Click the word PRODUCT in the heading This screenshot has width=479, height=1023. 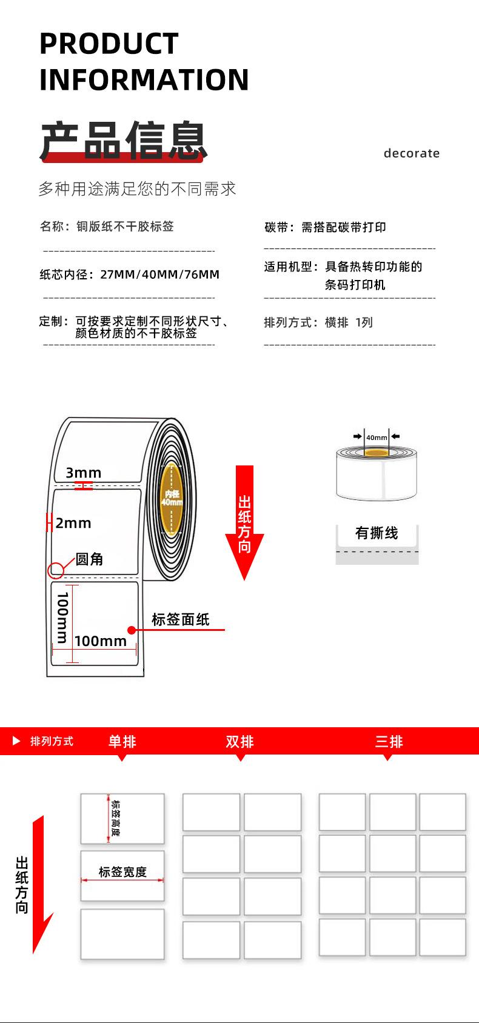(x=109, y=44)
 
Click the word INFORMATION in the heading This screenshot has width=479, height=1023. (x=144, y=80)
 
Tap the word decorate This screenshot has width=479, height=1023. (x=411, y=153)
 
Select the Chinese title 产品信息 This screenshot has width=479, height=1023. (x=124, y=141)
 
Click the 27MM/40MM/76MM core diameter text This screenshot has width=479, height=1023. (x=160, y=275)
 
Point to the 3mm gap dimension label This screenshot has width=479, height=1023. (x=84, y=473)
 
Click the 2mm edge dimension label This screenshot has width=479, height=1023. (x=73, y=523)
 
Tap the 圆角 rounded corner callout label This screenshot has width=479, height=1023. (x=89, y=559)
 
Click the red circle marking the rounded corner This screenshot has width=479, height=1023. (x=56, y=570)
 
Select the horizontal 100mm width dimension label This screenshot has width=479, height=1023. (x=101, y=641)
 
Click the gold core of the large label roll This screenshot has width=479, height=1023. (x=172, y=498)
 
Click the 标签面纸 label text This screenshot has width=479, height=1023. (x=180, y=619)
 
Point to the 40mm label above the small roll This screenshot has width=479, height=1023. (x=377, y=438)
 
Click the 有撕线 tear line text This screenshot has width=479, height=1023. (x=377, y=533)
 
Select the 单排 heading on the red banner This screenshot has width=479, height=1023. (x=122, y=741)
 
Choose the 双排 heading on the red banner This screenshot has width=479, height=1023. (x=239, y=741)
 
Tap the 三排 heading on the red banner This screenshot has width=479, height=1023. (x=389, y=741)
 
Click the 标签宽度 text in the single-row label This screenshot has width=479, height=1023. (x=122, y=872)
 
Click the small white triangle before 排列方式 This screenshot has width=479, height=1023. (x=16, y=741)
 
